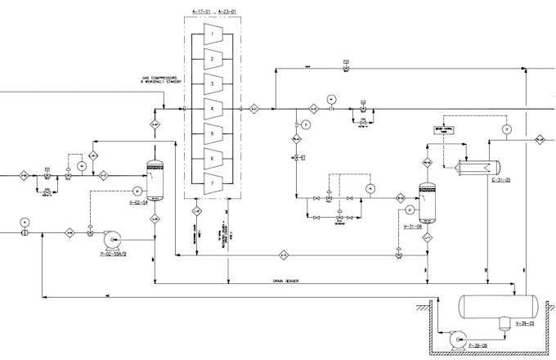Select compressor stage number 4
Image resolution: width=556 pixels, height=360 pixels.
[x=210, y=108]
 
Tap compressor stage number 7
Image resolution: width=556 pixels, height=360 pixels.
[x=210, y=182]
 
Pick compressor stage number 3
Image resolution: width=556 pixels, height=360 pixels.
[x=210, y=83]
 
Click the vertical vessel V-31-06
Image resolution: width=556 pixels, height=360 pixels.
[x=425, y=201]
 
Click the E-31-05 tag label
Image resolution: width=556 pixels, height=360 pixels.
[x=500, y=181]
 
